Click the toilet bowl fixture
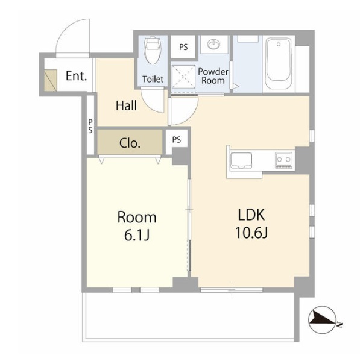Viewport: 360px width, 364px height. [153, 51]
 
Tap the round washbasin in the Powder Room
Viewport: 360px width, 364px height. [214, 44]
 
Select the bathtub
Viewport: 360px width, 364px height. [278, 64]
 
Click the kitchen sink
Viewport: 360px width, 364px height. [241, 160]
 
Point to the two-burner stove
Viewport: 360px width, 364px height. [284, 160]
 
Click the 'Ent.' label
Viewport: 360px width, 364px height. [76, 76]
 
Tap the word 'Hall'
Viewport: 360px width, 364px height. [126, 105]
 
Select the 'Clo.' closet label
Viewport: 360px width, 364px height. [130, 143]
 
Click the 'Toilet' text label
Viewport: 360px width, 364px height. [153, 79]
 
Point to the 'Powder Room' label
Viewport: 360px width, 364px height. [213, 76]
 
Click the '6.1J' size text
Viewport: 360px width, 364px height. [137, 235]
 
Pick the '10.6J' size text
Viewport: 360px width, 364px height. [251, 233]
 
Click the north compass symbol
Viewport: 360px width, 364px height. [323, 320]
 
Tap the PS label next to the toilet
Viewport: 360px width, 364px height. [183, 47]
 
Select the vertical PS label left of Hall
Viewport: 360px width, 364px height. [90, 127]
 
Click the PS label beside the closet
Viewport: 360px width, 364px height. [177, 140]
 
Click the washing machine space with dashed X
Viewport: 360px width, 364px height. [183, 77]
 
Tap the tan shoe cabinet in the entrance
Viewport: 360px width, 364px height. [51, 80]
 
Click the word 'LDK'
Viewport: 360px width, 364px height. [251, 215]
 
